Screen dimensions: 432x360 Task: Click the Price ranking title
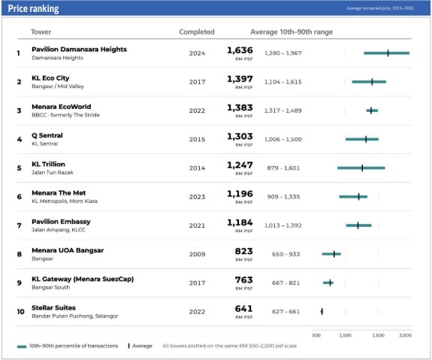33,8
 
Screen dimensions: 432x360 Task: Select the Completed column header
197,32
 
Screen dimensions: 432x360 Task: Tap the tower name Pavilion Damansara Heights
80,50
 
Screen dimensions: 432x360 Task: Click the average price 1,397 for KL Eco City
240,79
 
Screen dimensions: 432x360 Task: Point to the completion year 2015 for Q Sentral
197,139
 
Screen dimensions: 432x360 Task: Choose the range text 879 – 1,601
283,168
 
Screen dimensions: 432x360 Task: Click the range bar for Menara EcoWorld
372,110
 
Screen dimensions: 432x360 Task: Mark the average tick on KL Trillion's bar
362,168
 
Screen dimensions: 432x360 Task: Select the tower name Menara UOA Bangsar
68,250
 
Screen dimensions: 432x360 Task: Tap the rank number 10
21,311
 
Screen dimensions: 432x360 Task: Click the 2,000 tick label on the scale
405,335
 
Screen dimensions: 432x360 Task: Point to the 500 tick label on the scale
316,335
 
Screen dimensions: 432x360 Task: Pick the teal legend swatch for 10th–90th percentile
22,346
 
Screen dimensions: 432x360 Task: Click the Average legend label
142,346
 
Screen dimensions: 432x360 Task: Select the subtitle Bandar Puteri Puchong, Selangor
75,316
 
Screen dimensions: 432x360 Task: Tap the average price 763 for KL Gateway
244,280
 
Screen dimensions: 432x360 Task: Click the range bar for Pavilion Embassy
358,225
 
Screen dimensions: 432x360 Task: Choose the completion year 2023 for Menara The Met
197,197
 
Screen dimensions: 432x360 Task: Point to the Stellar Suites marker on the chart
322,311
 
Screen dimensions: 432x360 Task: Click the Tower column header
41,32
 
